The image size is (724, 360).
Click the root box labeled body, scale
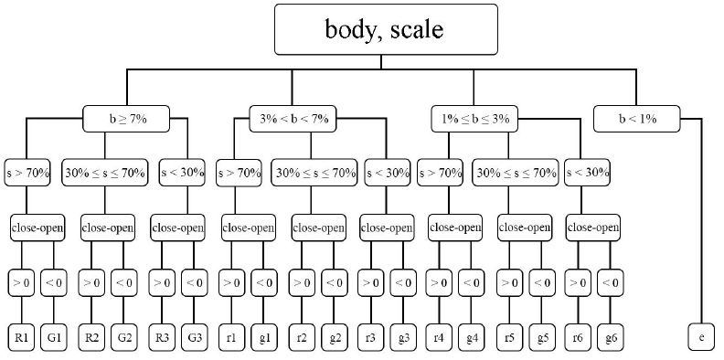click(384, 30)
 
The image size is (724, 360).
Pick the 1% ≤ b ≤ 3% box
click(474, 118)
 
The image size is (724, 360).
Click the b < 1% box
click(638, 118)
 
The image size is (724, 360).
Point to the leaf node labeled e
click(701, 337)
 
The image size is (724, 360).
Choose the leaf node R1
click(23, 337)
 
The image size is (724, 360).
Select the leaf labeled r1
click(232, 337)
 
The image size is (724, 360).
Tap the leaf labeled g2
click(335, 337)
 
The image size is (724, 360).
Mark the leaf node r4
click(440, 337)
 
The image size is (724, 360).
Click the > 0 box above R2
click(92, 283)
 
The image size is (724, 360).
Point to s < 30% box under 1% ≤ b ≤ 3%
click(589, 172)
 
